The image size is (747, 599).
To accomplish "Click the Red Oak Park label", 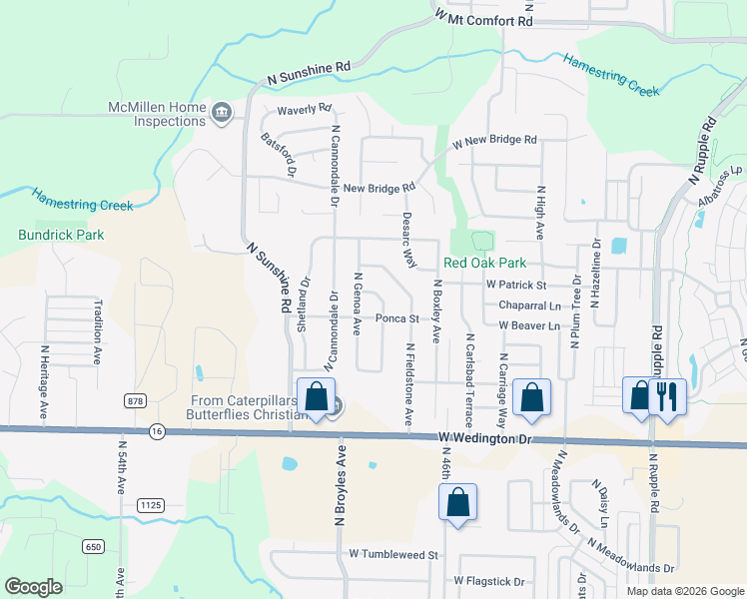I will [x=484, y=264].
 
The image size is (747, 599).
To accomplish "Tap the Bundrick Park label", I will [x=61, y=235].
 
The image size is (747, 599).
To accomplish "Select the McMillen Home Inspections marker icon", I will [x=222, y=113].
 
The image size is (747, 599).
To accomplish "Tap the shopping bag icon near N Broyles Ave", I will [x=317, y=396].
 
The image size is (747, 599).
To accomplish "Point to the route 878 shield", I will [x=135, y=400].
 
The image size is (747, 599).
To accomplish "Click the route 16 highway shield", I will [x=157, y=431].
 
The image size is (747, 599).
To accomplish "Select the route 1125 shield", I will [x=151, y=506].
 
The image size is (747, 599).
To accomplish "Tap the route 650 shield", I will [x=94, y=547].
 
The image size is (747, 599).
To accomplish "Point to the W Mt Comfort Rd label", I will [x=484, y=18].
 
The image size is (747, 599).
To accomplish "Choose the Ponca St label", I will [x=395, y=318].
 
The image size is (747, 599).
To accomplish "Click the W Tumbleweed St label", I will [x=394, y=553].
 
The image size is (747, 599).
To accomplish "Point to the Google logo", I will [x=34, y=587].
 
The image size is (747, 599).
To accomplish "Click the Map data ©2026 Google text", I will [x=684, y=591].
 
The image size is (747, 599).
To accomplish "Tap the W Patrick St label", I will [x=517, y=285].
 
